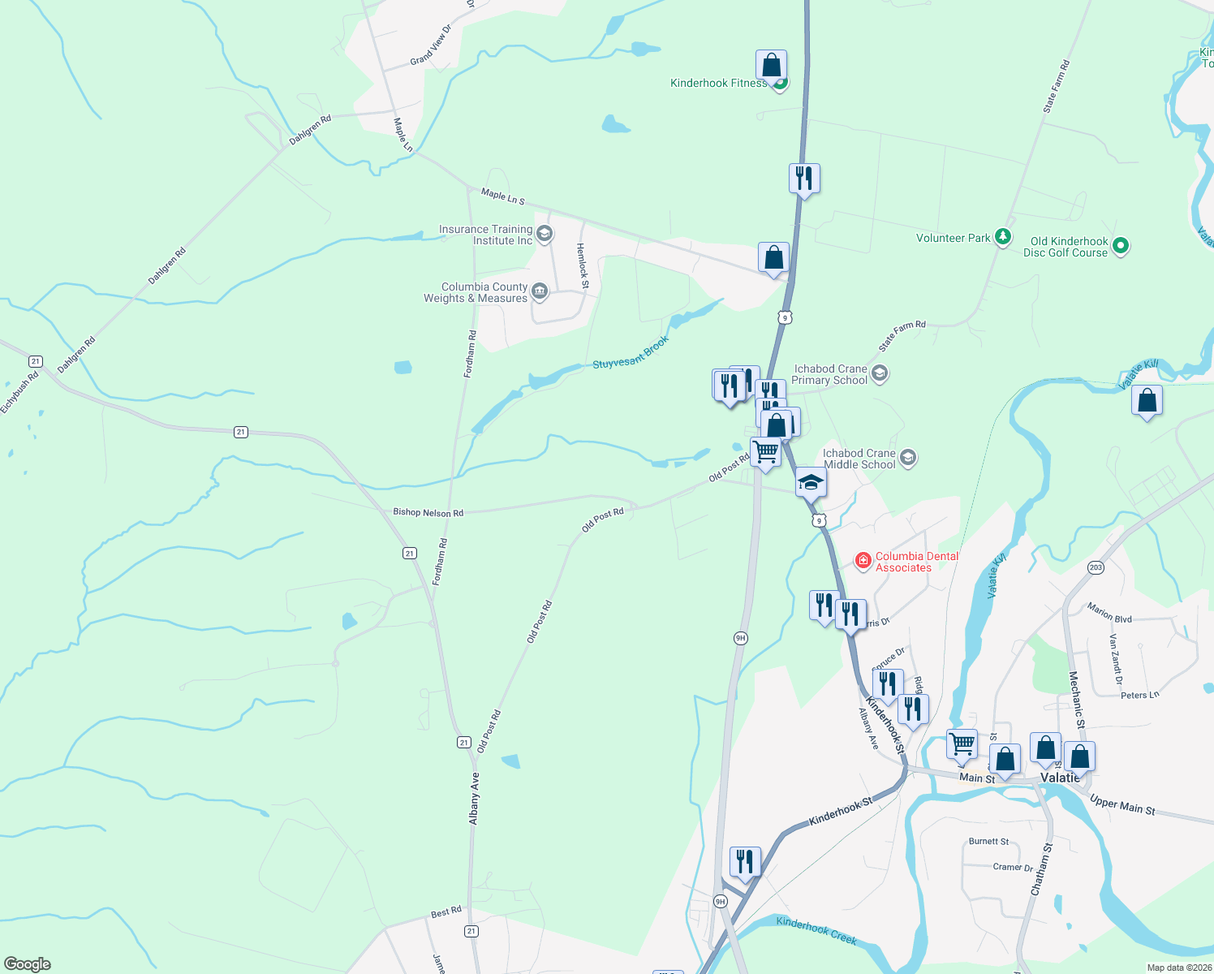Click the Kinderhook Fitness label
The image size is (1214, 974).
(718, 83)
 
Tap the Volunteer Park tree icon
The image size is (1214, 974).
(1004, 237)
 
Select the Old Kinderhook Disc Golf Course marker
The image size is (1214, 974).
(1121, 245)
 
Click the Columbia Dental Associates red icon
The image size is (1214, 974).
(863, 560)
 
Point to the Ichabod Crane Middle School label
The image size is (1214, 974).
(859, 459)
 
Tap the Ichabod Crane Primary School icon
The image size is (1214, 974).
(880, 374)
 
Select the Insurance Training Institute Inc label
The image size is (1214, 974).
(486, 235)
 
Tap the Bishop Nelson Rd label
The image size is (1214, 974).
(428, 512)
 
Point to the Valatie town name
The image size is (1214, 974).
(1060, 778)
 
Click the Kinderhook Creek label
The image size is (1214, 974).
(816, 930)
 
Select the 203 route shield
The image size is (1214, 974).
(1096, 567)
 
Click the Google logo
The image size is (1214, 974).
(27, 964)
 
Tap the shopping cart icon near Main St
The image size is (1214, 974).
(962, 743)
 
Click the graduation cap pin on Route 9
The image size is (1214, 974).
(810, 483)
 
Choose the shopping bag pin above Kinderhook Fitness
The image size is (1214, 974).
(771, 65)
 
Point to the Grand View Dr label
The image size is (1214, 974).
(429, 45)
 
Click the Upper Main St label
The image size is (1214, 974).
(1121, 805)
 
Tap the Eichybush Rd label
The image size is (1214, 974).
(20, 393)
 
